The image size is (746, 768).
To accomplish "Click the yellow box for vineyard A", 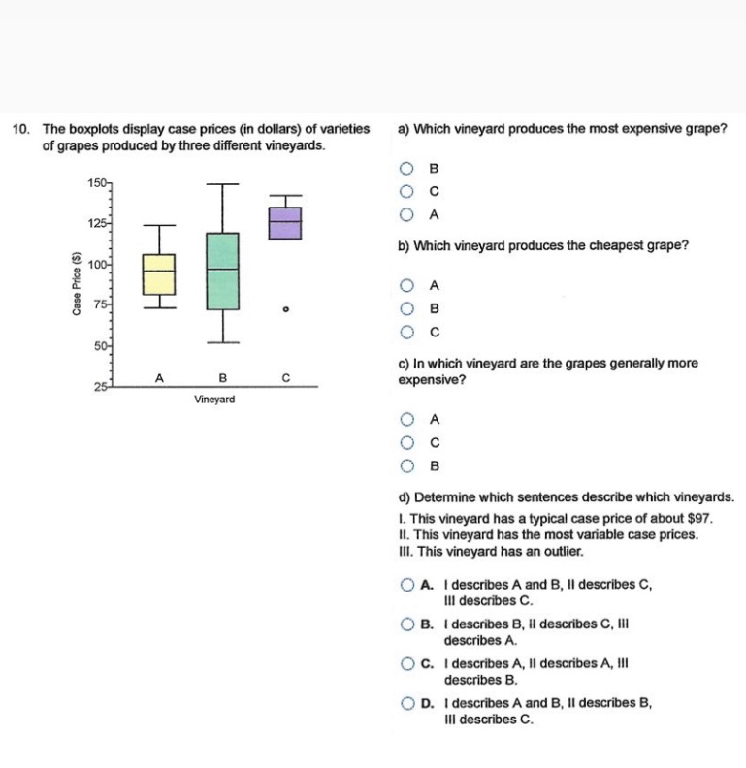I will [x=159, y=274].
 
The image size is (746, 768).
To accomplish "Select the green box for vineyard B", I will [x=222, y=271].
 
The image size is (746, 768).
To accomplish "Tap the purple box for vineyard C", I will [x=284, y=222].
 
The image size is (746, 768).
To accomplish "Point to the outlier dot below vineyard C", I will [x=284, y=309].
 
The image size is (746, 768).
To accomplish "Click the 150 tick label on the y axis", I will [x=95, y=183].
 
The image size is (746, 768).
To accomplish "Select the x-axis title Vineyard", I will [x=213, y=399].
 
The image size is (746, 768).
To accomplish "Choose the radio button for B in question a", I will [x=408, y=169].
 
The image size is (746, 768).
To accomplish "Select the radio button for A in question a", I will [x=408, y=213].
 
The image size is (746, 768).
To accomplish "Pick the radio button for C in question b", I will [x=408, y=331].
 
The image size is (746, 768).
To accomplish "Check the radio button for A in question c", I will [x=408, y=420].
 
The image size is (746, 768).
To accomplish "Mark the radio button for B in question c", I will [x=408, y=464].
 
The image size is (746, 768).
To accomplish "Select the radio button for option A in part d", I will [x=408, y=585].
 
